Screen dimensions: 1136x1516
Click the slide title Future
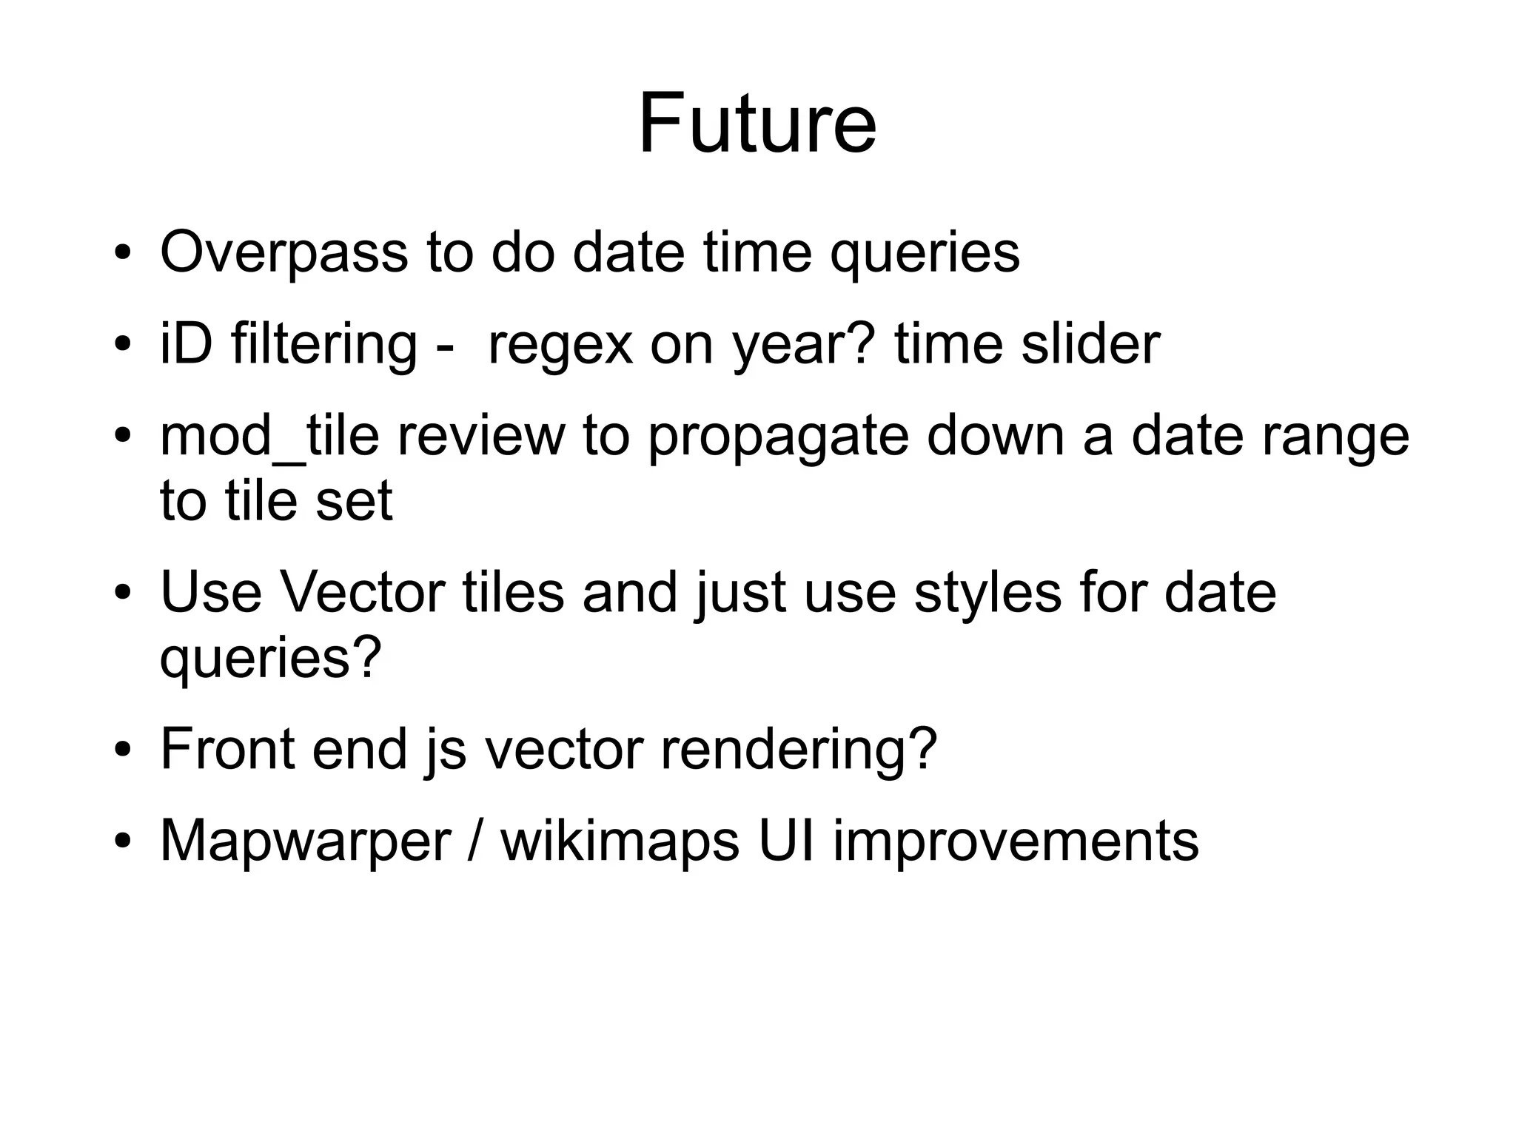click(757, 124)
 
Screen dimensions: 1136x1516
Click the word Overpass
click(284, 253)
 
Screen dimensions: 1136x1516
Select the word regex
click(560, 345)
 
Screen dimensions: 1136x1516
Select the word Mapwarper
click(305, 841)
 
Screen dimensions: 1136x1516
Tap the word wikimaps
click(620, 841)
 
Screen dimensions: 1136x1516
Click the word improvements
click(1016, 841)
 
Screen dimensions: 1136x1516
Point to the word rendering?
click(799, 750)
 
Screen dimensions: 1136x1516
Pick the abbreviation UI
click(787, 841)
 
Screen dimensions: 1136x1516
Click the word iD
click(186, 345)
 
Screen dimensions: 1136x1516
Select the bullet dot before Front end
click(123, 750)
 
